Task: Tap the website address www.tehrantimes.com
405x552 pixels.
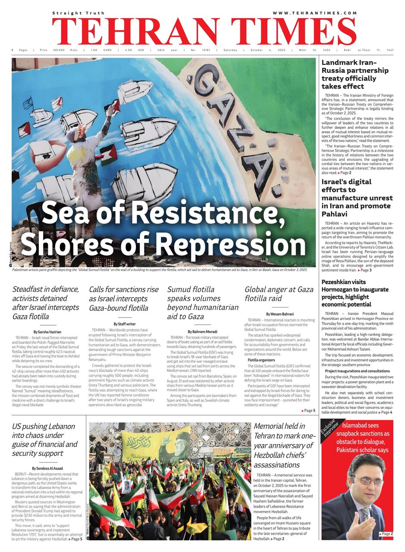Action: tap(314, 13)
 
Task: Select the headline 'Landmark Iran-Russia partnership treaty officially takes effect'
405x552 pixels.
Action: tap(355, 75)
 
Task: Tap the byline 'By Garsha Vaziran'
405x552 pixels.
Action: tap(45, 332)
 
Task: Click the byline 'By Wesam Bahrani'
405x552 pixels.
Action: tap(280, 314)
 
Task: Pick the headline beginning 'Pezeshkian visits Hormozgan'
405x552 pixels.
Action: tap(355, 293)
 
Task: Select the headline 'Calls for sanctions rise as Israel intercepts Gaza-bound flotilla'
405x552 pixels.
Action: tap(124, 298)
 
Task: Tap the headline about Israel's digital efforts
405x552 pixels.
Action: tap(357, 198)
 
